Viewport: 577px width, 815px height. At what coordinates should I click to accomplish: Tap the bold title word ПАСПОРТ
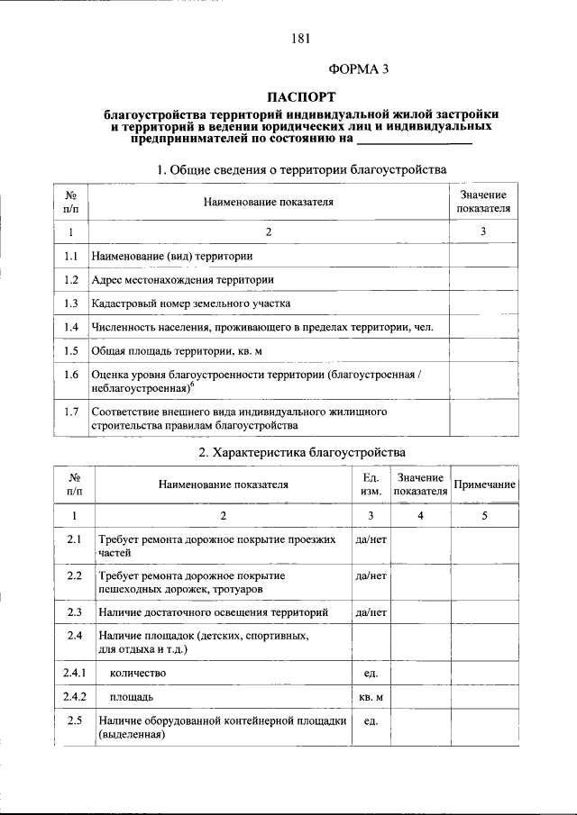coord(302,96)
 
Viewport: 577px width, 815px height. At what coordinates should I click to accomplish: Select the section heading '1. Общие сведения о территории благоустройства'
coord(301,169)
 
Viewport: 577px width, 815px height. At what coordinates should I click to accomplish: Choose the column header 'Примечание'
coord(484,484)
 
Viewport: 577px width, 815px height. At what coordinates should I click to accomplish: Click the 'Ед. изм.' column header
coord(371,484)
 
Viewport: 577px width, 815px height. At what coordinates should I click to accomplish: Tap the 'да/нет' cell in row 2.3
coord(371,612)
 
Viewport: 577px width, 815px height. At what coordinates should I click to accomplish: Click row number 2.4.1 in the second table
coord(75,673)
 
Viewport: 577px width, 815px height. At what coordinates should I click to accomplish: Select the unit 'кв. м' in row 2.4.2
coord(371,697)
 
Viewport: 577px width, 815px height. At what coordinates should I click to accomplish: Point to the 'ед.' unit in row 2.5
coord(371,721)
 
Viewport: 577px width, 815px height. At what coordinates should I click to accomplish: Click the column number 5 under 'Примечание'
coord(484,515)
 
